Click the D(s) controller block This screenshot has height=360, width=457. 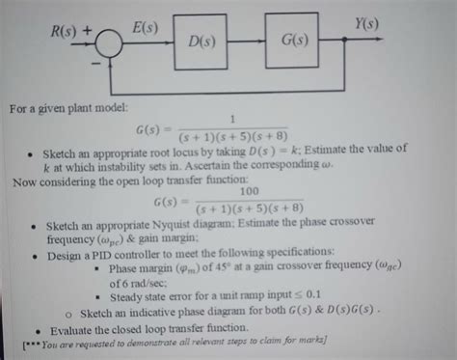202,42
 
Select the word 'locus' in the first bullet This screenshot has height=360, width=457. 196,150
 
